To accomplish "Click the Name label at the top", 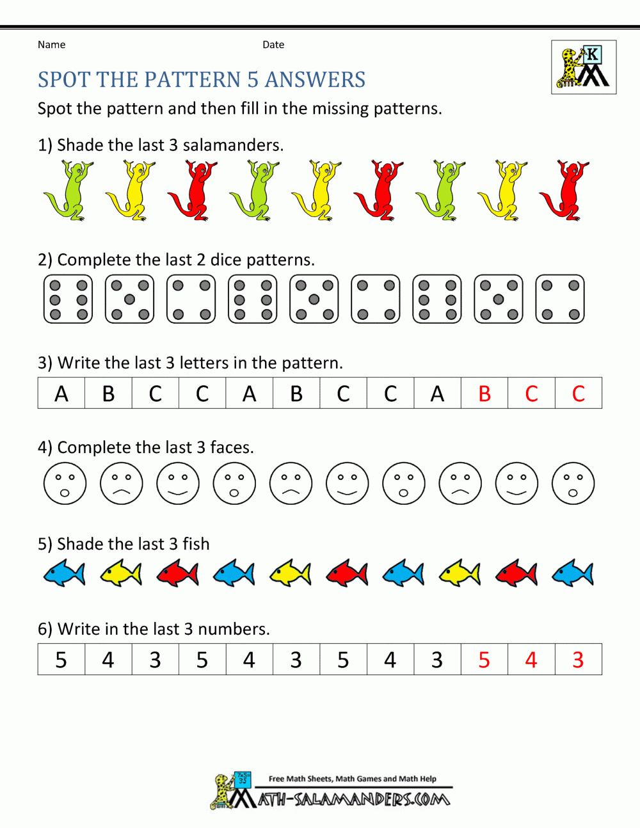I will (x=51, y=45).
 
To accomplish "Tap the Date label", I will (x=273, y=45).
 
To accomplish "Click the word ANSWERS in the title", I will (x=315, y=80).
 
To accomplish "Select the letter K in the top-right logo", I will (x=593, y=54).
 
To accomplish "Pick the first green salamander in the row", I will (x=68, y=190).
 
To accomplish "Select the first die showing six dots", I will (x=68, y=299).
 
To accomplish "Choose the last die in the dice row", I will (x=560, y=299).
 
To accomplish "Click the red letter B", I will (x=484, y=394).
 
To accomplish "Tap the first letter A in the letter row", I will (x=61, y=394).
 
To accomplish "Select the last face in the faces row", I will (x=573, y=483).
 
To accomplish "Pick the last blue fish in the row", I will (x=572, y=573).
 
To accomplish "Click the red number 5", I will (x=484, y=660).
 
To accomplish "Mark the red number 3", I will (x=578, y=660).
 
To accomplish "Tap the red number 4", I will (x=531, y=660).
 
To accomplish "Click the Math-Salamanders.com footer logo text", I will (x=353, y=799).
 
